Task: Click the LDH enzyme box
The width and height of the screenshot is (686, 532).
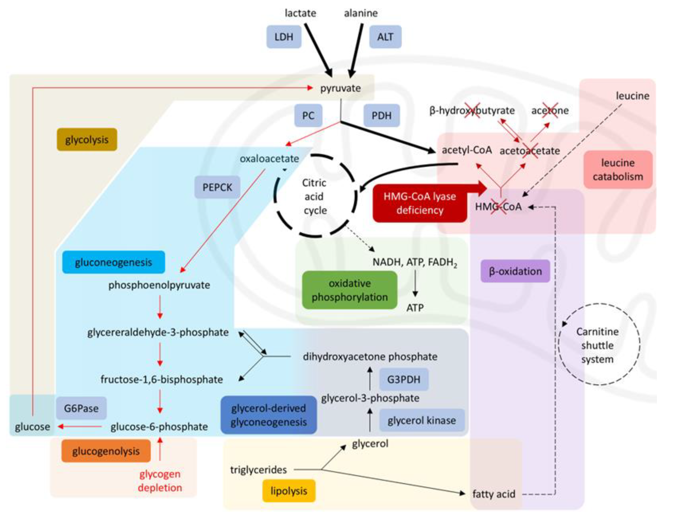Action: [284, 37]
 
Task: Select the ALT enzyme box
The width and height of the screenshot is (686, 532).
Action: [385, 37]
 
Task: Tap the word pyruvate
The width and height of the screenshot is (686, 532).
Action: [340, 88]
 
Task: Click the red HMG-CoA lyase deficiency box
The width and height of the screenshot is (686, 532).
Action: [420, 203]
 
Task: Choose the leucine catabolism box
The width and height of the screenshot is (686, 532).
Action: [618, 170]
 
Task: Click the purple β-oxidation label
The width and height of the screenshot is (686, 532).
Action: [515, 271]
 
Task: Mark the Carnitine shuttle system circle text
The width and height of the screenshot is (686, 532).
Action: [597, 345]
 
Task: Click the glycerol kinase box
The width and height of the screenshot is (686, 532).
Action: [422, 420]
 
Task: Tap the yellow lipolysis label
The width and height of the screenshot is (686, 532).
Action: [289, 491]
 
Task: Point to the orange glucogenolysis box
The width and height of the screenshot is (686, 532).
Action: [106, 451]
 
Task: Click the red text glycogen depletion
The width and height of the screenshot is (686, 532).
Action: [160, 480]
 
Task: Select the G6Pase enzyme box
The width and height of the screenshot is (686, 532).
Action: [81, 408]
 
